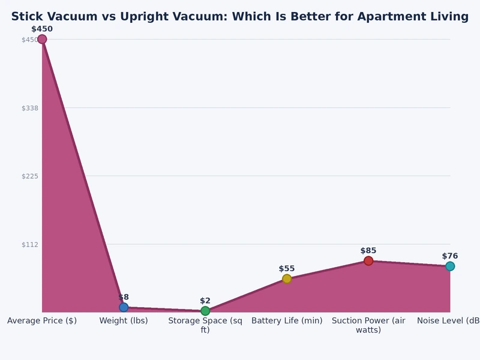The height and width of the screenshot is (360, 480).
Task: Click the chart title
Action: (240, 17)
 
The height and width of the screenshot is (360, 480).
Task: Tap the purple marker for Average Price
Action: (42, 40)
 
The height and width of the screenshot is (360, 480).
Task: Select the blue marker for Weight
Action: (124, 307)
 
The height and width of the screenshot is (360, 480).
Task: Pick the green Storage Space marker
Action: (205, 311)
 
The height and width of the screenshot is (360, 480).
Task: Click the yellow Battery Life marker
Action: (287, 278)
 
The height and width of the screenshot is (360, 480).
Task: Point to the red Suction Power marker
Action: (368, 260)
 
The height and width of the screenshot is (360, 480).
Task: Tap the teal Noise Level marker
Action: (450, 266)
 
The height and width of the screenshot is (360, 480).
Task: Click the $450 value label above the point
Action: (42, 29)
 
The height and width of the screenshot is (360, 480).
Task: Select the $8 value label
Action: (124, 297)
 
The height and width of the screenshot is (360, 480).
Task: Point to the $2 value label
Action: (205, 301)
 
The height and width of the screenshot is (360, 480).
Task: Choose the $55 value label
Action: (287, 269)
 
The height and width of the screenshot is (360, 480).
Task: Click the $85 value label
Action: (368, 251)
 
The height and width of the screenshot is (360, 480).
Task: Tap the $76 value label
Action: (450, 256)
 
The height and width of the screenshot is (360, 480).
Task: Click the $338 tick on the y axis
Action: (30, 108)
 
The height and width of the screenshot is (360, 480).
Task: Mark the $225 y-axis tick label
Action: (30, 176)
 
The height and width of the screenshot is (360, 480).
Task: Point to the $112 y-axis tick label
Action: (30, 244)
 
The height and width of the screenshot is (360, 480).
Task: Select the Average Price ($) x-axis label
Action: (42, 320)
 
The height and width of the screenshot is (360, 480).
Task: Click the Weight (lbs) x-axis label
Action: (124, 320)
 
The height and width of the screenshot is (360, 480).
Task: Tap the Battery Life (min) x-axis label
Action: (287, 320)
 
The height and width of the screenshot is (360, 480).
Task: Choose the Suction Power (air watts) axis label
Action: (368, 325)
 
